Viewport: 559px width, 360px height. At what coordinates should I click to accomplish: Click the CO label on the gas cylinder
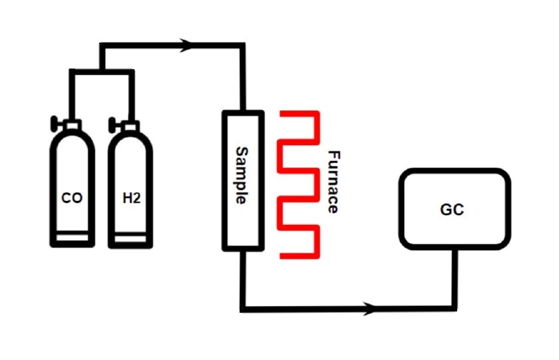[72, 198]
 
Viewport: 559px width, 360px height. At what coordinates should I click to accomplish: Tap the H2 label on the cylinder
[132, 198]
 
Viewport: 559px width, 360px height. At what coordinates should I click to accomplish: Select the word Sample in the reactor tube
[242, 176]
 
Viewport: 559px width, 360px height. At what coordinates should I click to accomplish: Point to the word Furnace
[333, 182]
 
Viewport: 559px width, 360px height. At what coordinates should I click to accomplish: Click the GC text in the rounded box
[452, 210]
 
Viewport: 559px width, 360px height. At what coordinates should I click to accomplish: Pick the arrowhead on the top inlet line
[186, 45]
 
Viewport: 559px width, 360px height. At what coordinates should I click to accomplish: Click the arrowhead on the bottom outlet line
[369, 309]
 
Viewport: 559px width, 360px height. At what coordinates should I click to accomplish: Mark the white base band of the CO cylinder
[72, 238]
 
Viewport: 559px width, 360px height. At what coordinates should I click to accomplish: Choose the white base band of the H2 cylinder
[130, 238]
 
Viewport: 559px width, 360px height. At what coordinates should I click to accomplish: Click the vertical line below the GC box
[455, 278]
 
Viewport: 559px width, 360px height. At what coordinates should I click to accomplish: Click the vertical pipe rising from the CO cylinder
[73, 94]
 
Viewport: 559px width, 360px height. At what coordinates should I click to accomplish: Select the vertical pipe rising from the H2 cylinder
[132, 96]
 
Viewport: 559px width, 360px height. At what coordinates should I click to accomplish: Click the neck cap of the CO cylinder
[73, 126]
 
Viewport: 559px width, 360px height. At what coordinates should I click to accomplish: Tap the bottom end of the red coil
[282, 256]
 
